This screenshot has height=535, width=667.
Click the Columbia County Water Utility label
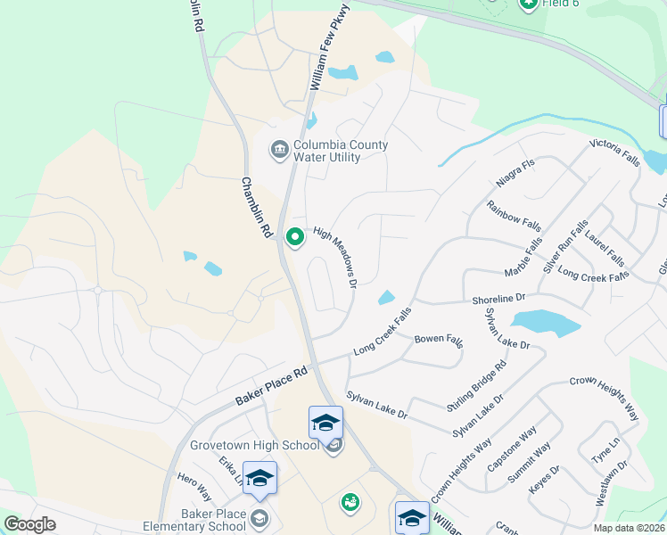327,152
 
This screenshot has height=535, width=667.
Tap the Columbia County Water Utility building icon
279,148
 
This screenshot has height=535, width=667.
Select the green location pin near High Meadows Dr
295,237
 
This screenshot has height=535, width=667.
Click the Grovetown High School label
254,445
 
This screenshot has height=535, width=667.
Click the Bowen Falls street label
439,340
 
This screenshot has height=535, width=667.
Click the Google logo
29,524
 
